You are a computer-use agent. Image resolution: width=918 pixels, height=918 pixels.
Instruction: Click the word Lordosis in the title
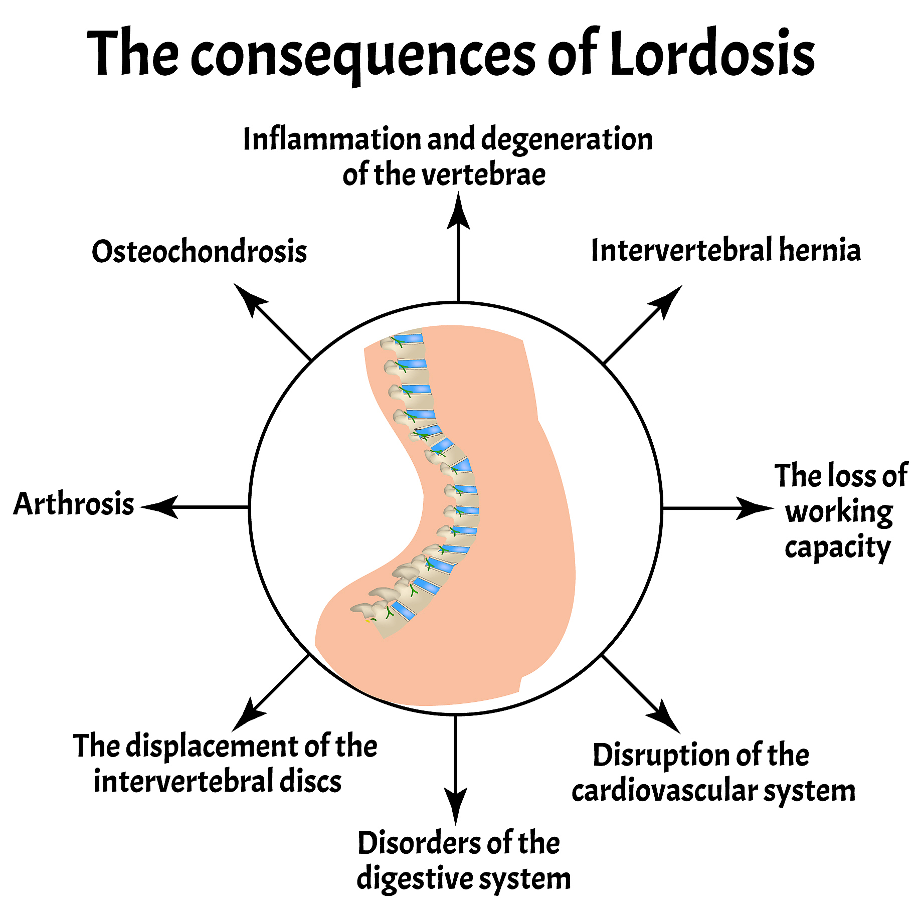[x=711, y=53]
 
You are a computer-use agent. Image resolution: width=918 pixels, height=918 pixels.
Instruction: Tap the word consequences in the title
[x=363, y=55]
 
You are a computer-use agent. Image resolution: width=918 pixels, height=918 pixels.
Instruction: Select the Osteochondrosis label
[x=199, y=251]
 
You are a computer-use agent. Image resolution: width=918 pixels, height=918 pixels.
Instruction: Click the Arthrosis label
[x=74, y=504]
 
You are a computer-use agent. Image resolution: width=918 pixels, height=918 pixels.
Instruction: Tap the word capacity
[x=837, y=548]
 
